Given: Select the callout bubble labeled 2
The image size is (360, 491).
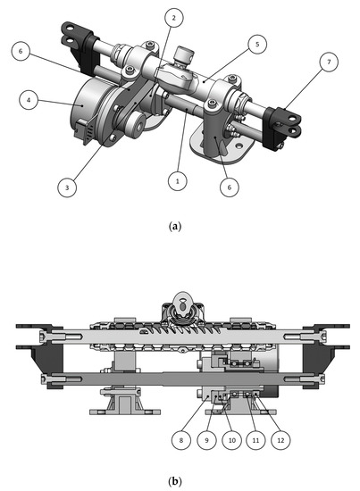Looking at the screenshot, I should (x=174, y=18).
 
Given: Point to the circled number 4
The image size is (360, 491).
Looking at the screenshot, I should (x=31, y=102).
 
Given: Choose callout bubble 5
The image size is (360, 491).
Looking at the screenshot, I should (x=256, y=42).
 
